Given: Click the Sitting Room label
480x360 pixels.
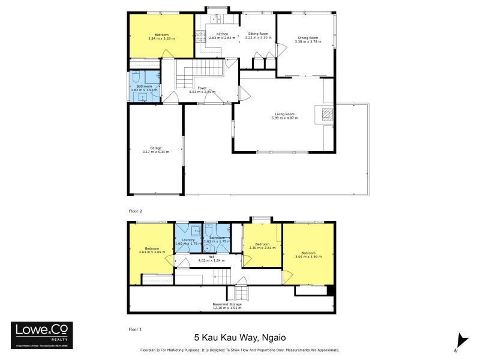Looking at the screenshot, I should (259, 34).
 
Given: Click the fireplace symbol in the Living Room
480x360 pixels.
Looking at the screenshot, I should (326, 114).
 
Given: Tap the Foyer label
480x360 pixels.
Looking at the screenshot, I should (202, 88).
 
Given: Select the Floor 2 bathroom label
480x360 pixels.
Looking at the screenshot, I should (144, 86).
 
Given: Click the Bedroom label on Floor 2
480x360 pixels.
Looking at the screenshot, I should (161, 35).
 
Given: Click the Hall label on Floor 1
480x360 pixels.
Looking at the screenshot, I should (203, 256).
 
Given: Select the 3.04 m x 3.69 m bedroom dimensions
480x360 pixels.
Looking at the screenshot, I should (309, 256).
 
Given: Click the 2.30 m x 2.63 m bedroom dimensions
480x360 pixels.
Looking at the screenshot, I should (262, 248).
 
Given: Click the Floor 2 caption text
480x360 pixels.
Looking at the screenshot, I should (136, 211).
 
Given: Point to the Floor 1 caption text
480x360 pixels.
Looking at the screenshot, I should (136, 329).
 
